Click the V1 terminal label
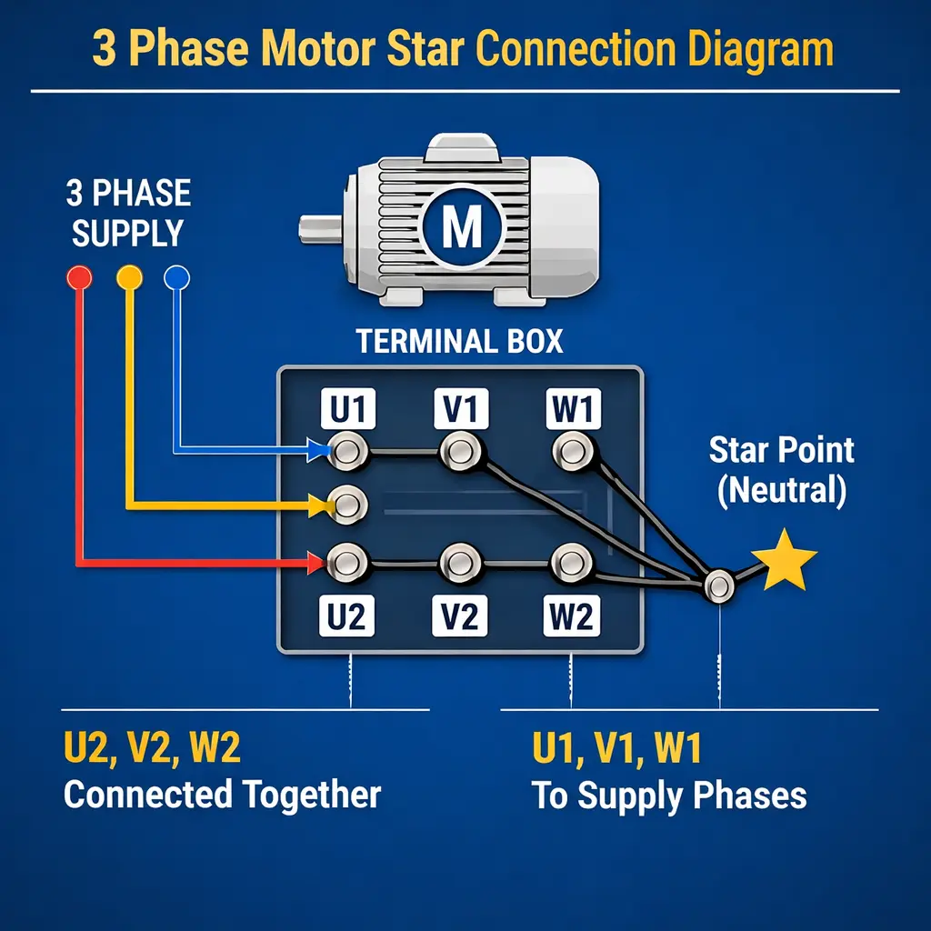point(460,410)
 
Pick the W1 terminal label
point(572,410)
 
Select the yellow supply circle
point(129,276)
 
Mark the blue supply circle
point(175,277)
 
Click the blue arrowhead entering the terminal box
point(318,449)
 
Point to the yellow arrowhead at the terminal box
point(318,505)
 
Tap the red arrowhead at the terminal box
point(318,563)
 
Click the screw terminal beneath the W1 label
point(571,450)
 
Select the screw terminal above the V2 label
point(458,561)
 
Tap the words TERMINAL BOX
point(459,342)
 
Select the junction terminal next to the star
point(719,585)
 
